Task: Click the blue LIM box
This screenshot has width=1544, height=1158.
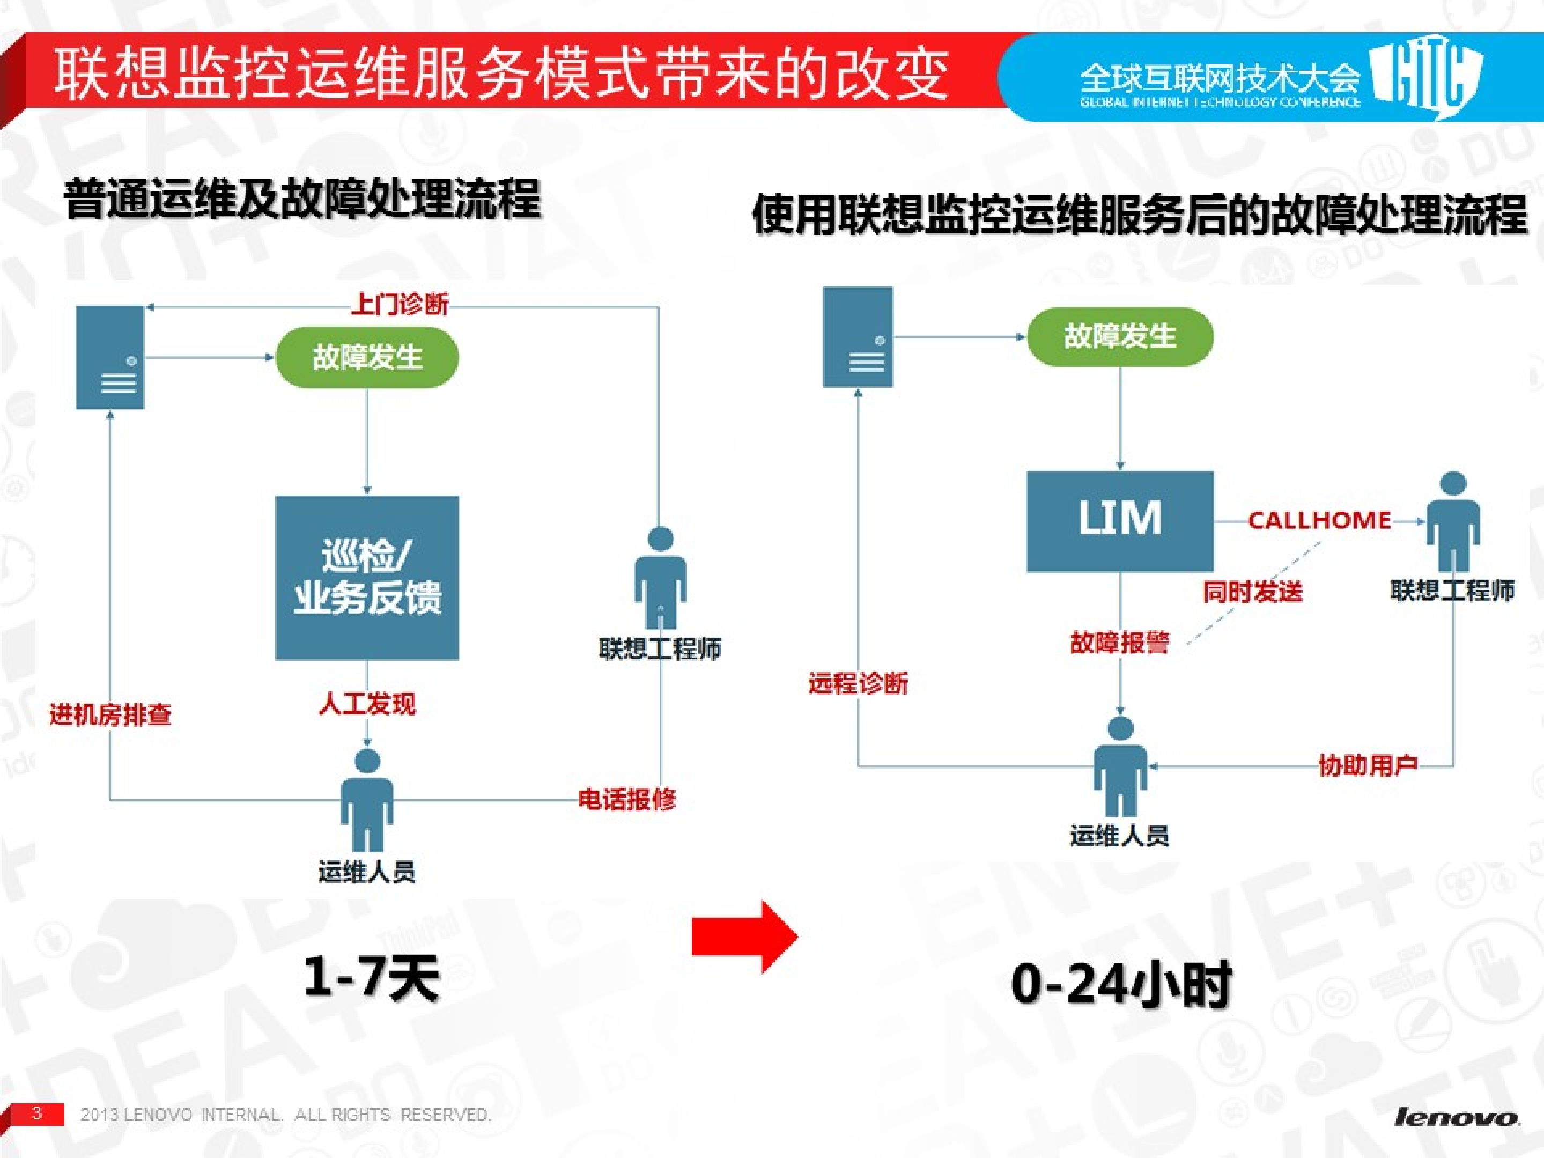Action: pos(1120,521)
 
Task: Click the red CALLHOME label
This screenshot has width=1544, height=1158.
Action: pos(1319,520)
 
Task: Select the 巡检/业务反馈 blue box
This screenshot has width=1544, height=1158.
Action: pos(367,578)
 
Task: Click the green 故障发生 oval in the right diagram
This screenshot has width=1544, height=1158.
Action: pos(1120,336)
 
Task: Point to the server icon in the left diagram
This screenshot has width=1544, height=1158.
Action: pos(110,357)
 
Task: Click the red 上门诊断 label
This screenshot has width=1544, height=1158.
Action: pos(399,304)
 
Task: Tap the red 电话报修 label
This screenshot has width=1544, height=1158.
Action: pos(627,799)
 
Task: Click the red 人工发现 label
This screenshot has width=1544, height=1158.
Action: pos(367,704)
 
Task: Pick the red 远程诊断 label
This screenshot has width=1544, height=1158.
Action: pos(859,683)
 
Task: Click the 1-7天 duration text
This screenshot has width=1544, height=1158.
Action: pos(371,977)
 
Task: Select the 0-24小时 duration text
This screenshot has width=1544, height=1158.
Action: pos(1121,984)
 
